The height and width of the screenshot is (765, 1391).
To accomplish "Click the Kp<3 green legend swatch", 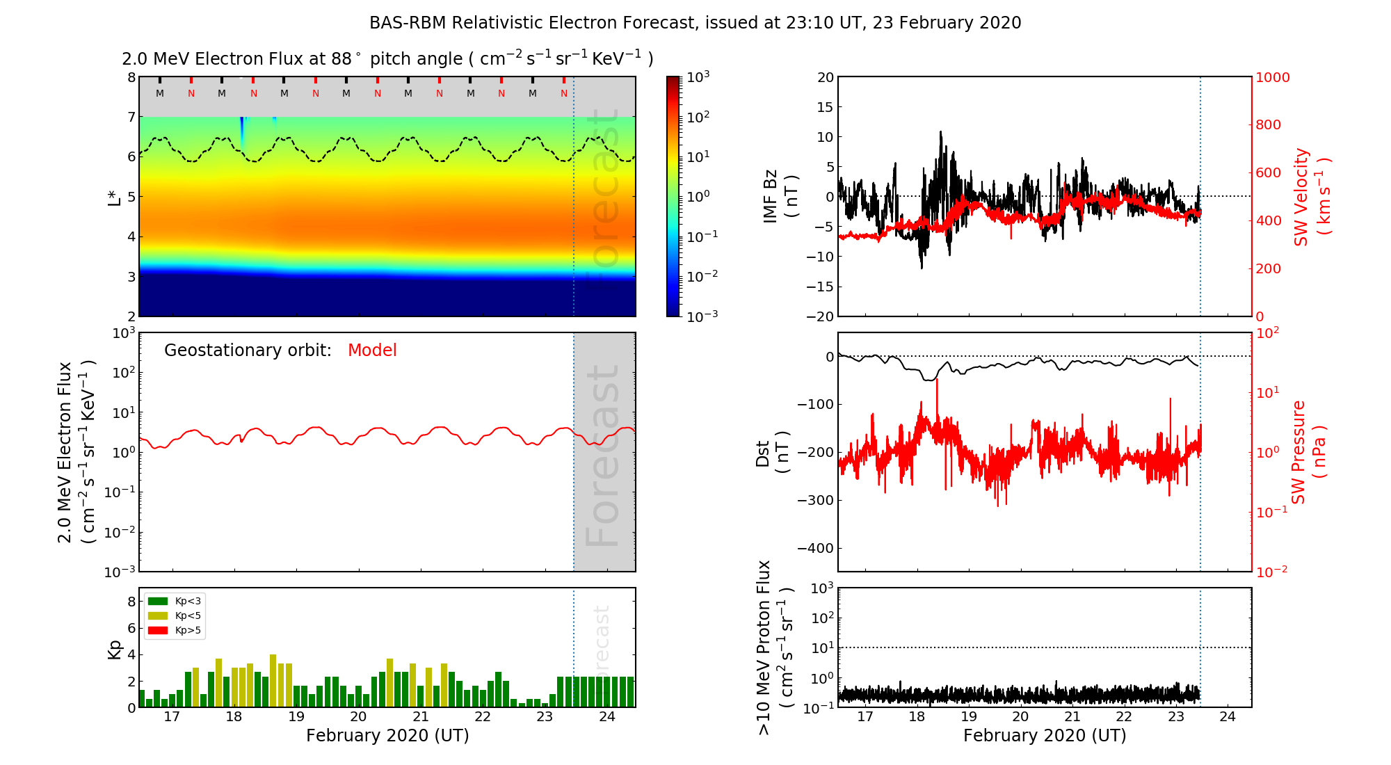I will (158, 602).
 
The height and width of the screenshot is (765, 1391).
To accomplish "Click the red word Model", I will (372, 351).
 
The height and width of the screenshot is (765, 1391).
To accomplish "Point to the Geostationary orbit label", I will (248, 351).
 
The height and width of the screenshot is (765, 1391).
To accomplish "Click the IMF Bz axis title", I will (780, 197).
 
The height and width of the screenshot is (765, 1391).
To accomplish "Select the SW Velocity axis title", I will (1312, 197).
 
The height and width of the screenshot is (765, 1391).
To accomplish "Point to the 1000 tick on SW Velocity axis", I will (1272, 77).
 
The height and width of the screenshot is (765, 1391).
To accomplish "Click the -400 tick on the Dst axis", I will (815, 548).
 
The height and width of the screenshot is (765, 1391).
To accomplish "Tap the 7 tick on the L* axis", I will (131, 117).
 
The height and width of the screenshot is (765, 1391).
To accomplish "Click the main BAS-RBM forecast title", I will (695, 23).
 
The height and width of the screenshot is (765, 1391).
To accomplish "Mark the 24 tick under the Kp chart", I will (607, 717).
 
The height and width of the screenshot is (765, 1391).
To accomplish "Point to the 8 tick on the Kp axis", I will (131, 602).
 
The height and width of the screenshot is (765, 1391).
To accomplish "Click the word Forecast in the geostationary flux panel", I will (602, 456).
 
